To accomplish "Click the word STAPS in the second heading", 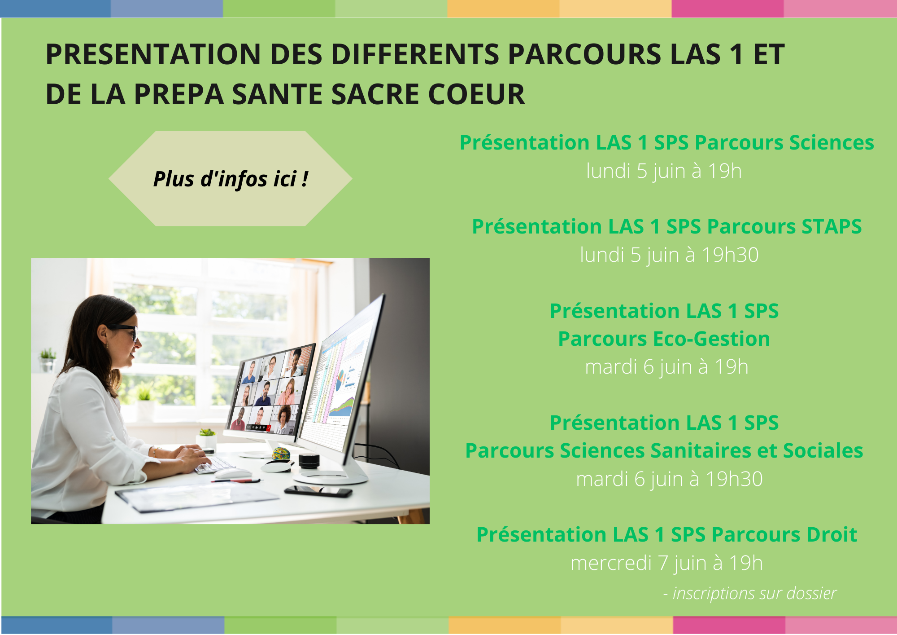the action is click(832, 226).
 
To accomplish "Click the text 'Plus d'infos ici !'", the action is click(231, 179).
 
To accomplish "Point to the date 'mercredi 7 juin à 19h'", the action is click(666, 563).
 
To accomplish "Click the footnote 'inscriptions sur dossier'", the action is click(754, 594).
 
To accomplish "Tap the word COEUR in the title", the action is click(476, 94).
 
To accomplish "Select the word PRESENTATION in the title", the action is click(153, 54).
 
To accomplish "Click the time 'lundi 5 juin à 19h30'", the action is click(669, 255).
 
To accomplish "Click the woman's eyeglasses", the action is click(123, 331).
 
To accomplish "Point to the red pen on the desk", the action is click(236, 481).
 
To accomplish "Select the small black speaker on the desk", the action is click(309, 460).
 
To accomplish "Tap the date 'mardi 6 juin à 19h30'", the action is click(669, 479).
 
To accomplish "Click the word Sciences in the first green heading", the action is click(832, 143).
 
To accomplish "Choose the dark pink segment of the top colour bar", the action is click(727, 9).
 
